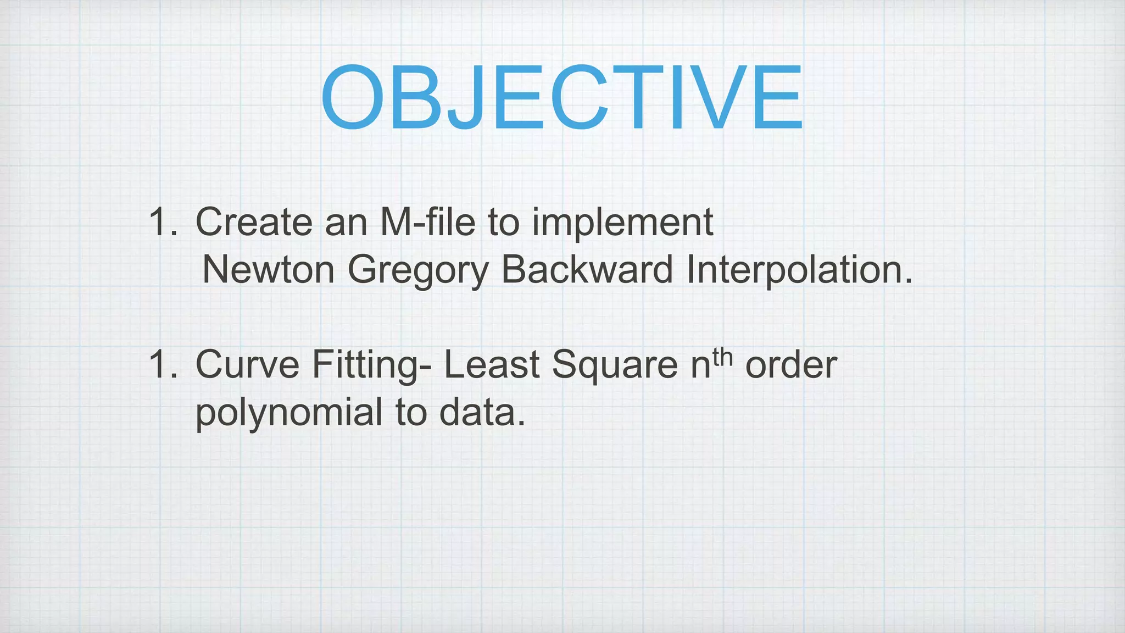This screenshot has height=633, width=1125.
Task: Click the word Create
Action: click(254, 222)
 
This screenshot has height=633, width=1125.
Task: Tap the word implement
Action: click(622, 223)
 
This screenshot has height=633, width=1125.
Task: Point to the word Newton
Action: click(268, 270)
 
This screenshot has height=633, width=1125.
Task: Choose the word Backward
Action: click(587, 270)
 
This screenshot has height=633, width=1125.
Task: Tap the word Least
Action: click(491, 364)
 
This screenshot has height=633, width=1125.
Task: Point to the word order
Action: click(791, 364)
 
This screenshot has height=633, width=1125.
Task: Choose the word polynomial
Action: click(289, 413)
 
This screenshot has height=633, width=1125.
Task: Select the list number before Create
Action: click(163, 222)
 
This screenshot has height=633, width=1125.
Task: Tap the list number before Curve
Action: click(163, 364)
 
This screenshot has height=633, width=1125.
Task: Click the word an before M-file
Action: click(346, 223)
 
